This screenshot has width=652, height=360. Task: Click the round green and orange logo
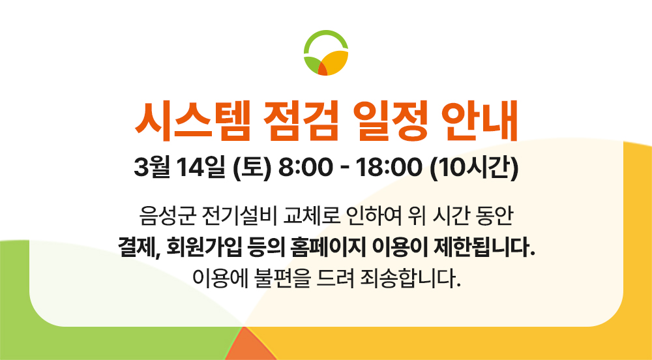[325, 53]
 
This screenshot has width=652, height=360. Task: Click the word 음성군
[160, 215]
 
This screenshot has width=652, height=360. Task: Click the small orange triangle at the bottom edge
[251, 348]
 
